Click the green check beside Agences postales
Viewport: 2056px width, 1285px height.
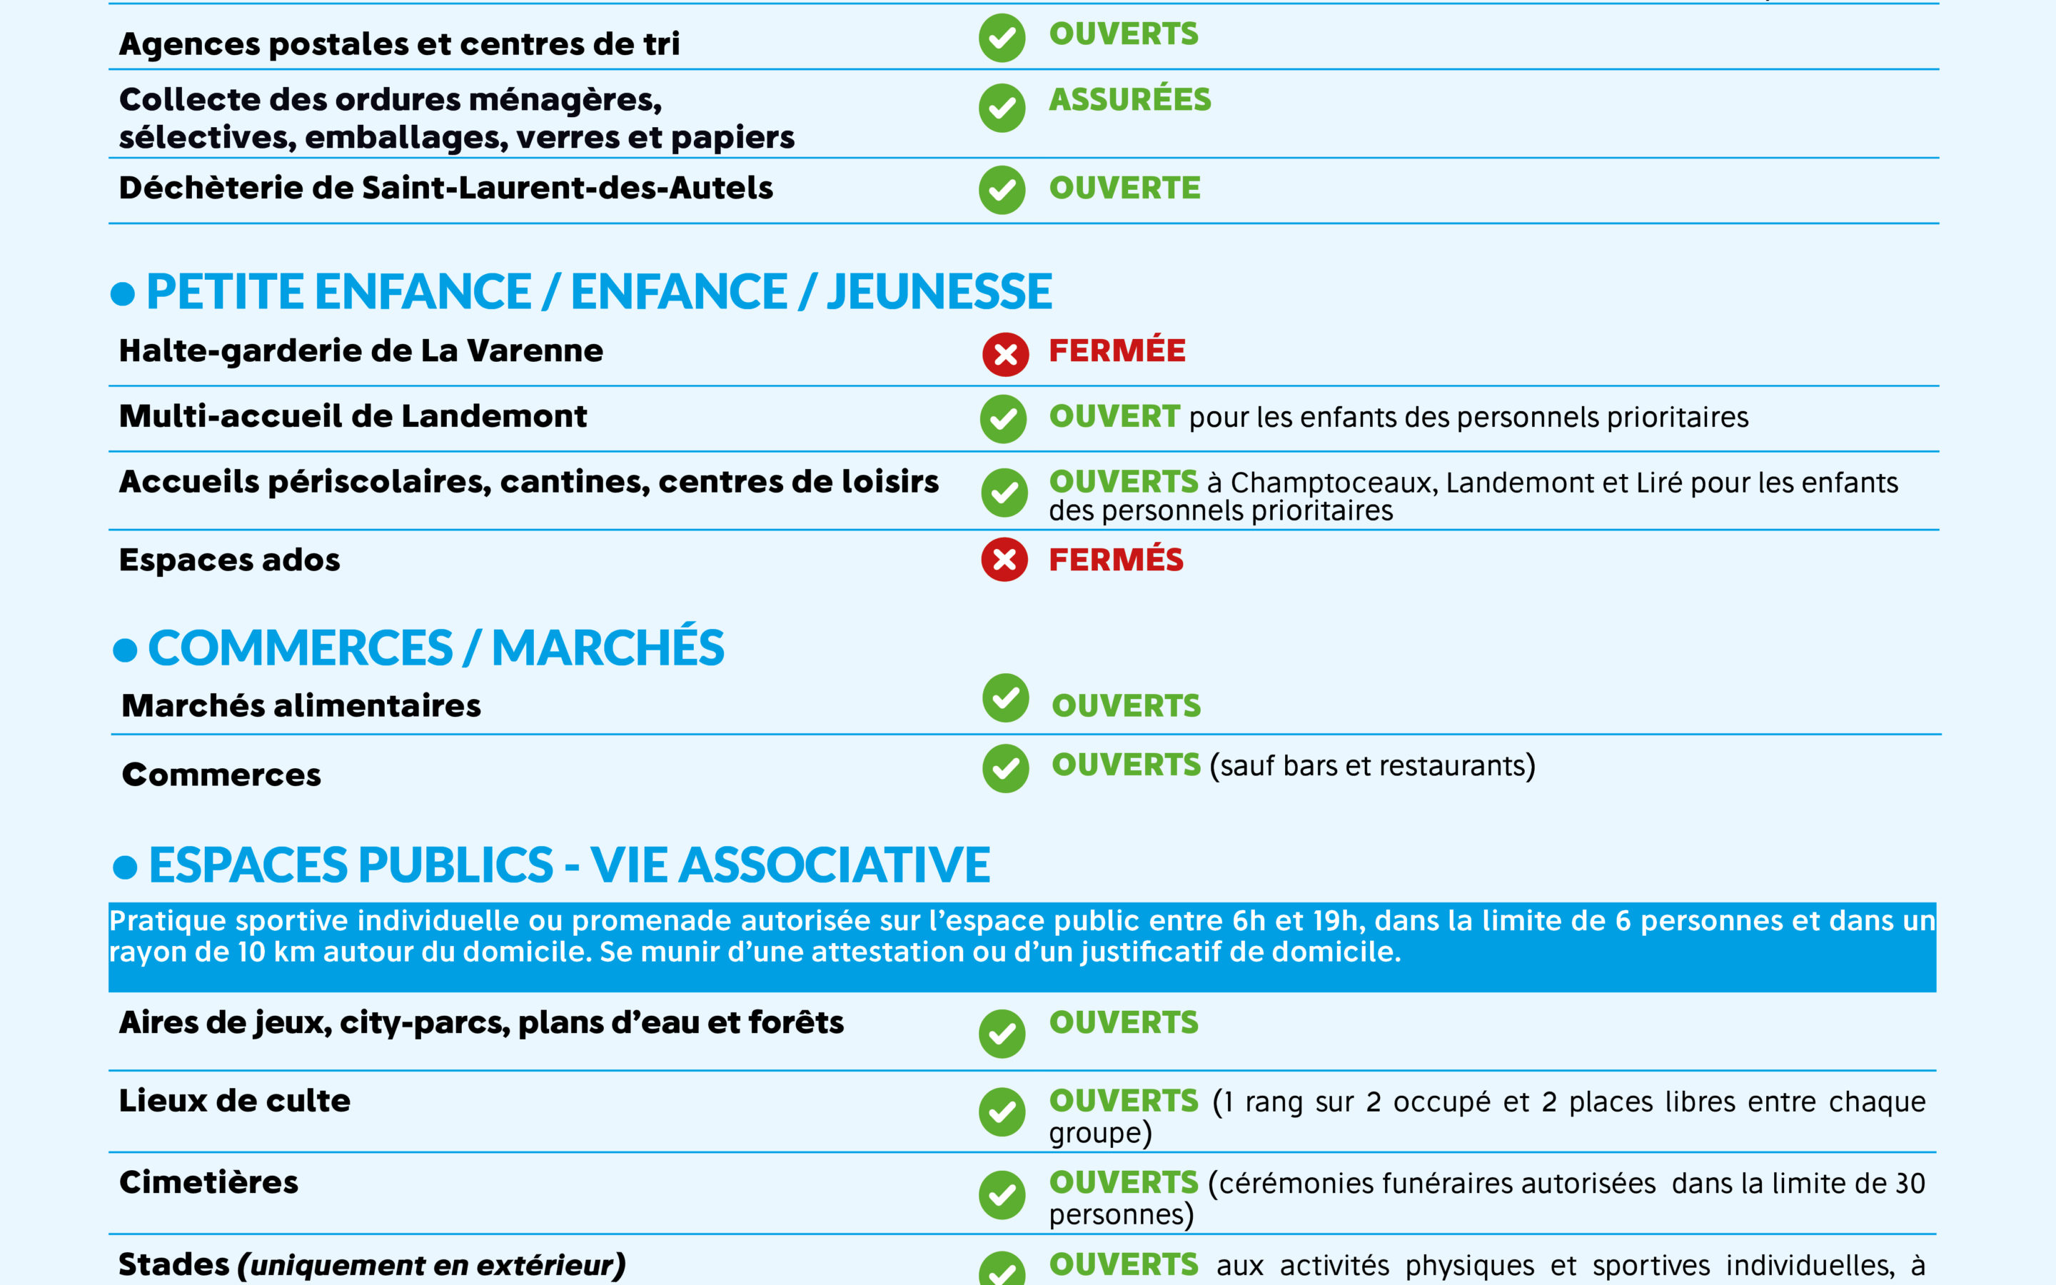[1002, 39]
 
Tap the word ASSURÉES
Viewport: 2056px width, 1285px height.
[1129, 100]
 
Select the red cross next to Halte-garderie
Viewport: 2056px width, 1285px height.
[1005, 354]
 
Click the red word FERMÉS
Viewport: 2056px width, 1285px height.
[1116, 560]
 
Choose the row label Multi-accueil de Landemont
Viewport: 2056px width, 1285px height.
[353, 416]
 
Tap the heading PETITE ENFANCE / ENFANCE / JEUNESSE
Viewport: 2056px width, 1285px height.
[599, 293]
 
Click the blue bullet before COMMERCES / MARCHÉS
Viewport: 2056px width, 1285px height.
[125, 651]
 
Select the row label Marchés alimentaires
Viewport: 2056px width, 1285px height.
[301, 706]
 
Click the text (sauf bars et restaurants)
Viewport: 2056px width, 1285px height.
[1372, 766]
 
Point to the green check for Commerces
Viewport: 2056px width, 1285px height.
[1005, 768]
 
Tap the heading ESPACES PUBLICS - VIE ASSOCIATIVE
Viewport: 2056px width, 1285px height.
[569, 865]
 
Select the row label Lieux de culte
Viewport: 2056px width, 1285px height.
[234, 1101]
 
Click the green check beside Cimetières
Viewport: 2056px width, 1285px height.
[1002, 1194]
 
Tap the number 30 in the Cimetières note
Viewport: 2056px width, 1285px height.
[1910, 1183]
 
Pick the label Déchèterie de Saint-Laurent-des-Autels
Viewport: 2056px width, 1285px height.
[445, 188]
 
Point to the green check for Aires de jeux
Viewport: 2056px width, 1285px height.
[1002, 1034]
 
